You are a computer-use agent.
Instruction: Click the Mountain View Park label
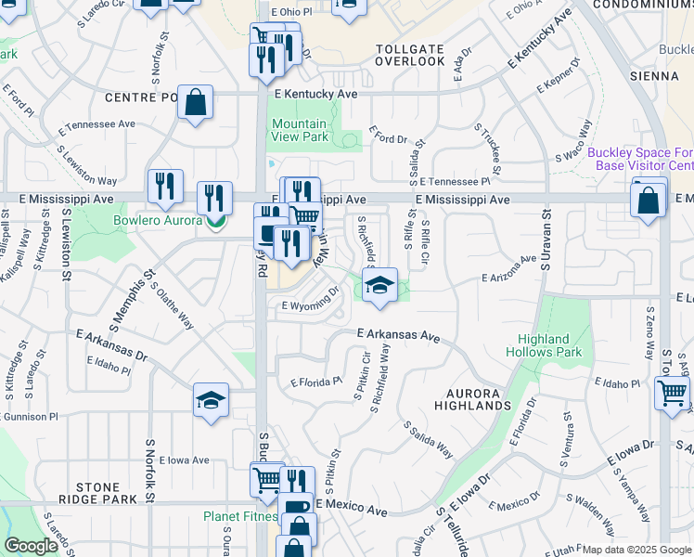click(299, 130)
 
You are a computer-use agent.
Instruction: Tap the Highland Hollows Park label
click(544, 345)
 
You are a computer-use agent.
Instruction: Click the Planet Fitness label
click(240, 517)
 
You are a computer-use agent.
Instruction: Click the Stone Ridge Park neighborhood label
click(97, 493)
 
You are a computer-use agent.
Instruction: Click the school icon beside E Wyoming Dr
click(379, 285)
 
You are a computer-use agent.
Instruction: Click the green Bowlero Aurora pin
click(215, 221)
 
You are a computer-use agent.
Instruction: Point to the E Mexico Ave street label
click(351, 510)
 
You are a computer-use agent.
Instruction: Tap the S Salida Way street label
click(428, 440)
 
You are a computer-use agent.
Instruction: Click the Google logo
click(31, 545)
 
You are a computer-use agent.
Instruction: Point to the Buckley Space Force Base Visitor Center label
click(640, 158)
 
